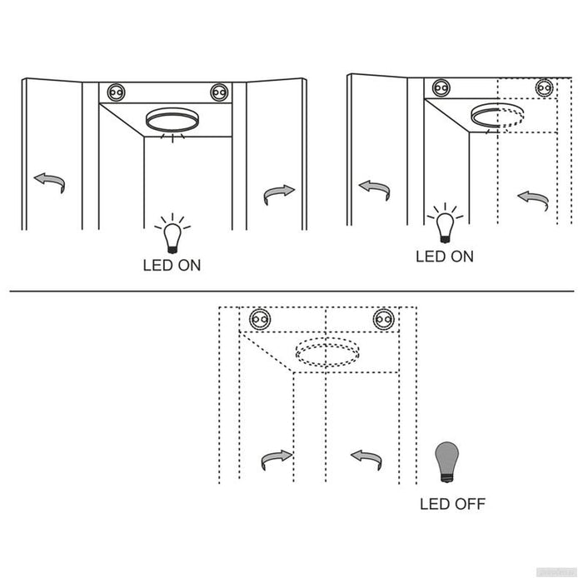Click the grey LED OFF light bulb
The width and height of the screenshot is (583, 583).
(446, 461)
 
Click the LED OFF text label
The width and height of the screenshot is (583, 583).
(452, 504)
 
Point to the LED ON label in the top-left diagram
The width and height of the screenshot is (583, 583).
(172, 265)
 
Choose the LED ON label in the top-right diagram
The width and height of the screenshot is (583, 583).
(445, 257)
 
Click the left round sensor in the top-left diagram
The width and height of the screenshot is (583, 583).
(116, 92)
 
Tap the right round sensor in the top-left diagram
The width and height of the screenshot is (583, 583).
(219, 92)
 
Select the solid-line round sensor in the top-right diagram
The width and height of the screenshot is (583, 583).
(441, 87)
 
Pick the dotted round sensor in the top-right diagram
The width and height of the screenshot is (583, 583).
(545, 87)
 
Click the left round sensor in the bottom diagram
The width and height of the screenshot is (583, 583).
(260, 319)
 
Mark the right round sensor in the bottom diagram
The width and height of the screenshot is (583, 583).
(384, 319)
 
